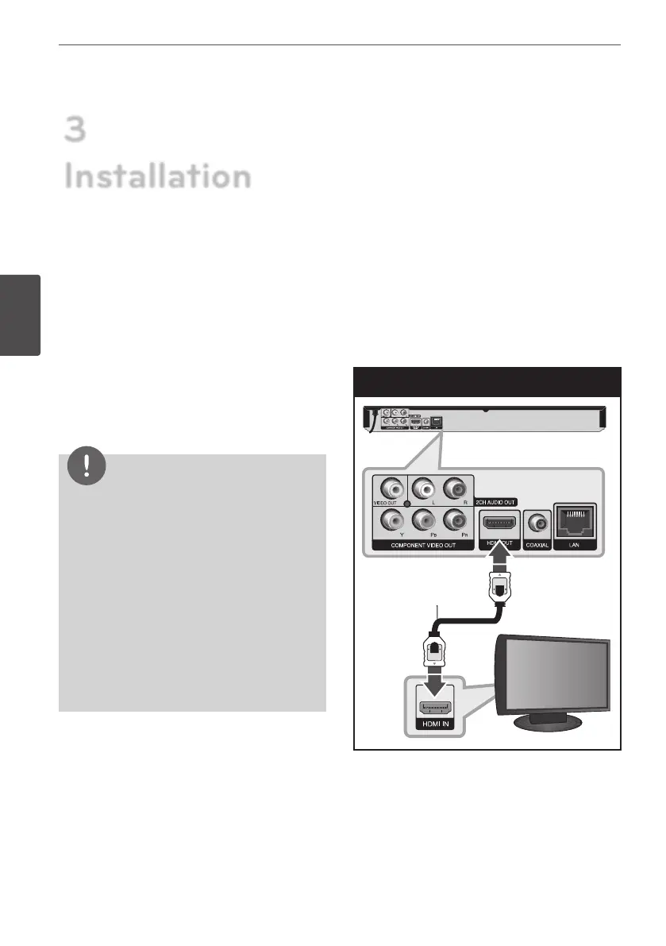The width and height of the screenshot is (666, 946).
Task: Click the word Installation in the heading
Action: click(157, 176)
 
